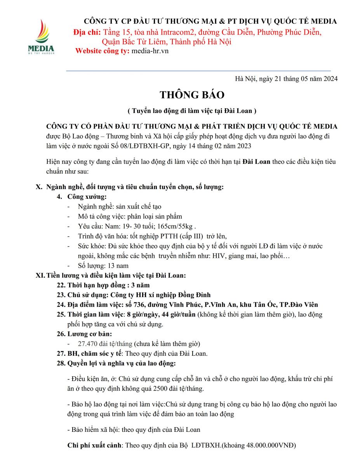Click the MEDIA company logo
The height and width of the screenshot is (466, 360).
41,37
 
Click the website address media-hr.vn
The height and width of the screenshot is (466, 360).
150,51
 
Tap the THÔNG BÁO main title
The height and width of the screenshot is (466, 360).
192,95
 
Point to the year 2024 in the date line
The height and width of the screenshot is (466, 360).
330,79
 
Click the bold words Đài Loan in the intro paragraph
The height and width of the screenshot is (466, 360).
257,162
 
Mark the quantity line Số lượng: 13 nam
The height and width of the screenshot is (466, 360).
103,266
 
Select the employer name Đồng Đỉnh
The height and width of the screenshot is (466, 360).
195,295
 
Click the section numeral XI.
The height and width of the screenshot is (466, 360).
40,276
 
